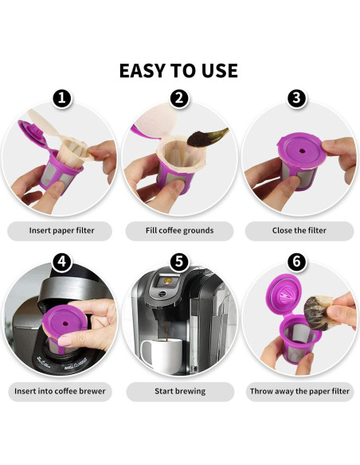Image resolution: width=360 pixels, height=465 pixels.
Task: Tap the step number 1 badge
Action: pos(62,98)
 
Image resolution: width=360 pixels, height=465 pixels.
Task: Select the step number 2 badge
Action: pos(179,98)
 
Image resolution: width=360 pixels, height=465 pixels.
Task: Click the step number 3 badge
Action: pos(296,98)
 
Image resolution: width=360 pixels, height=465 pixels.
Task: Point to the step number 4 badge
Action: pos(62,262)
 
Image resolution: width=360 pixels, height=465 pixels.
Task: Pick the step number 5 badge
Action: pos(179,262)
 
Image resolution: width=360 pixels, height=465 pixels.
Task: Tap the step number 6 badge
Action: pos(296,262)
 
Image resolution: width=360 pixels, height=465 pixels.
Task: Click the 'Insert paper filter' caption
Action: pos(61,230)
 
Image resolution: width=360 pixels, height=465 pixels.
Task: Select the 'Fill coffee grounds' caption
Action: pos(179,230)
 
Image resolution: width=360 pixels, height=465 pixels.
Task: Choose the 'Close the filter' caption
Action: pos(299,230)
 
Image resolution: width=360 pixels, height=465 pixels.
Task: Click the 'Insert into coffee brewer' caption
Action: pos(60,391)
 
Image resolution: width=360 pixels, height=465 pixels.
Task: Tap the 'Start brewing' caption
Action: pos(180,391)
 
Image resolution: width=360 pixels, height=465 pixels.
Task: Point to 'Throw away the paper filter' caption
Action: pos(299,391)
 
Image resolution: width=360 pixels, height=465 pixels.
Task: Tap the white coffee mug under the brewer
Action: pos(162,355)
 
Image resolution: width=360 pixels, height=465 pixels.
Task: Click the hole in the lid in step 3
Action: pos(302,151)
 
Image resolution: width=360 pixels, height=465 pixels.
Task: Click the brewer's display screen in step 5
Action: pos(170,281)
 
